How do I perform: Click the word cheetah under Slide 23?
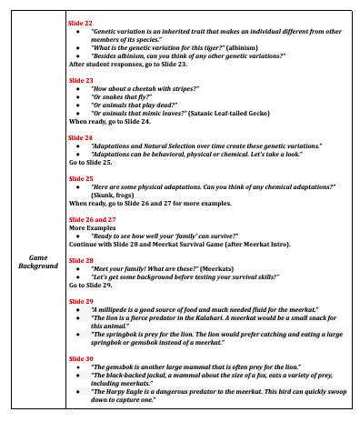coord(148,88)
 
